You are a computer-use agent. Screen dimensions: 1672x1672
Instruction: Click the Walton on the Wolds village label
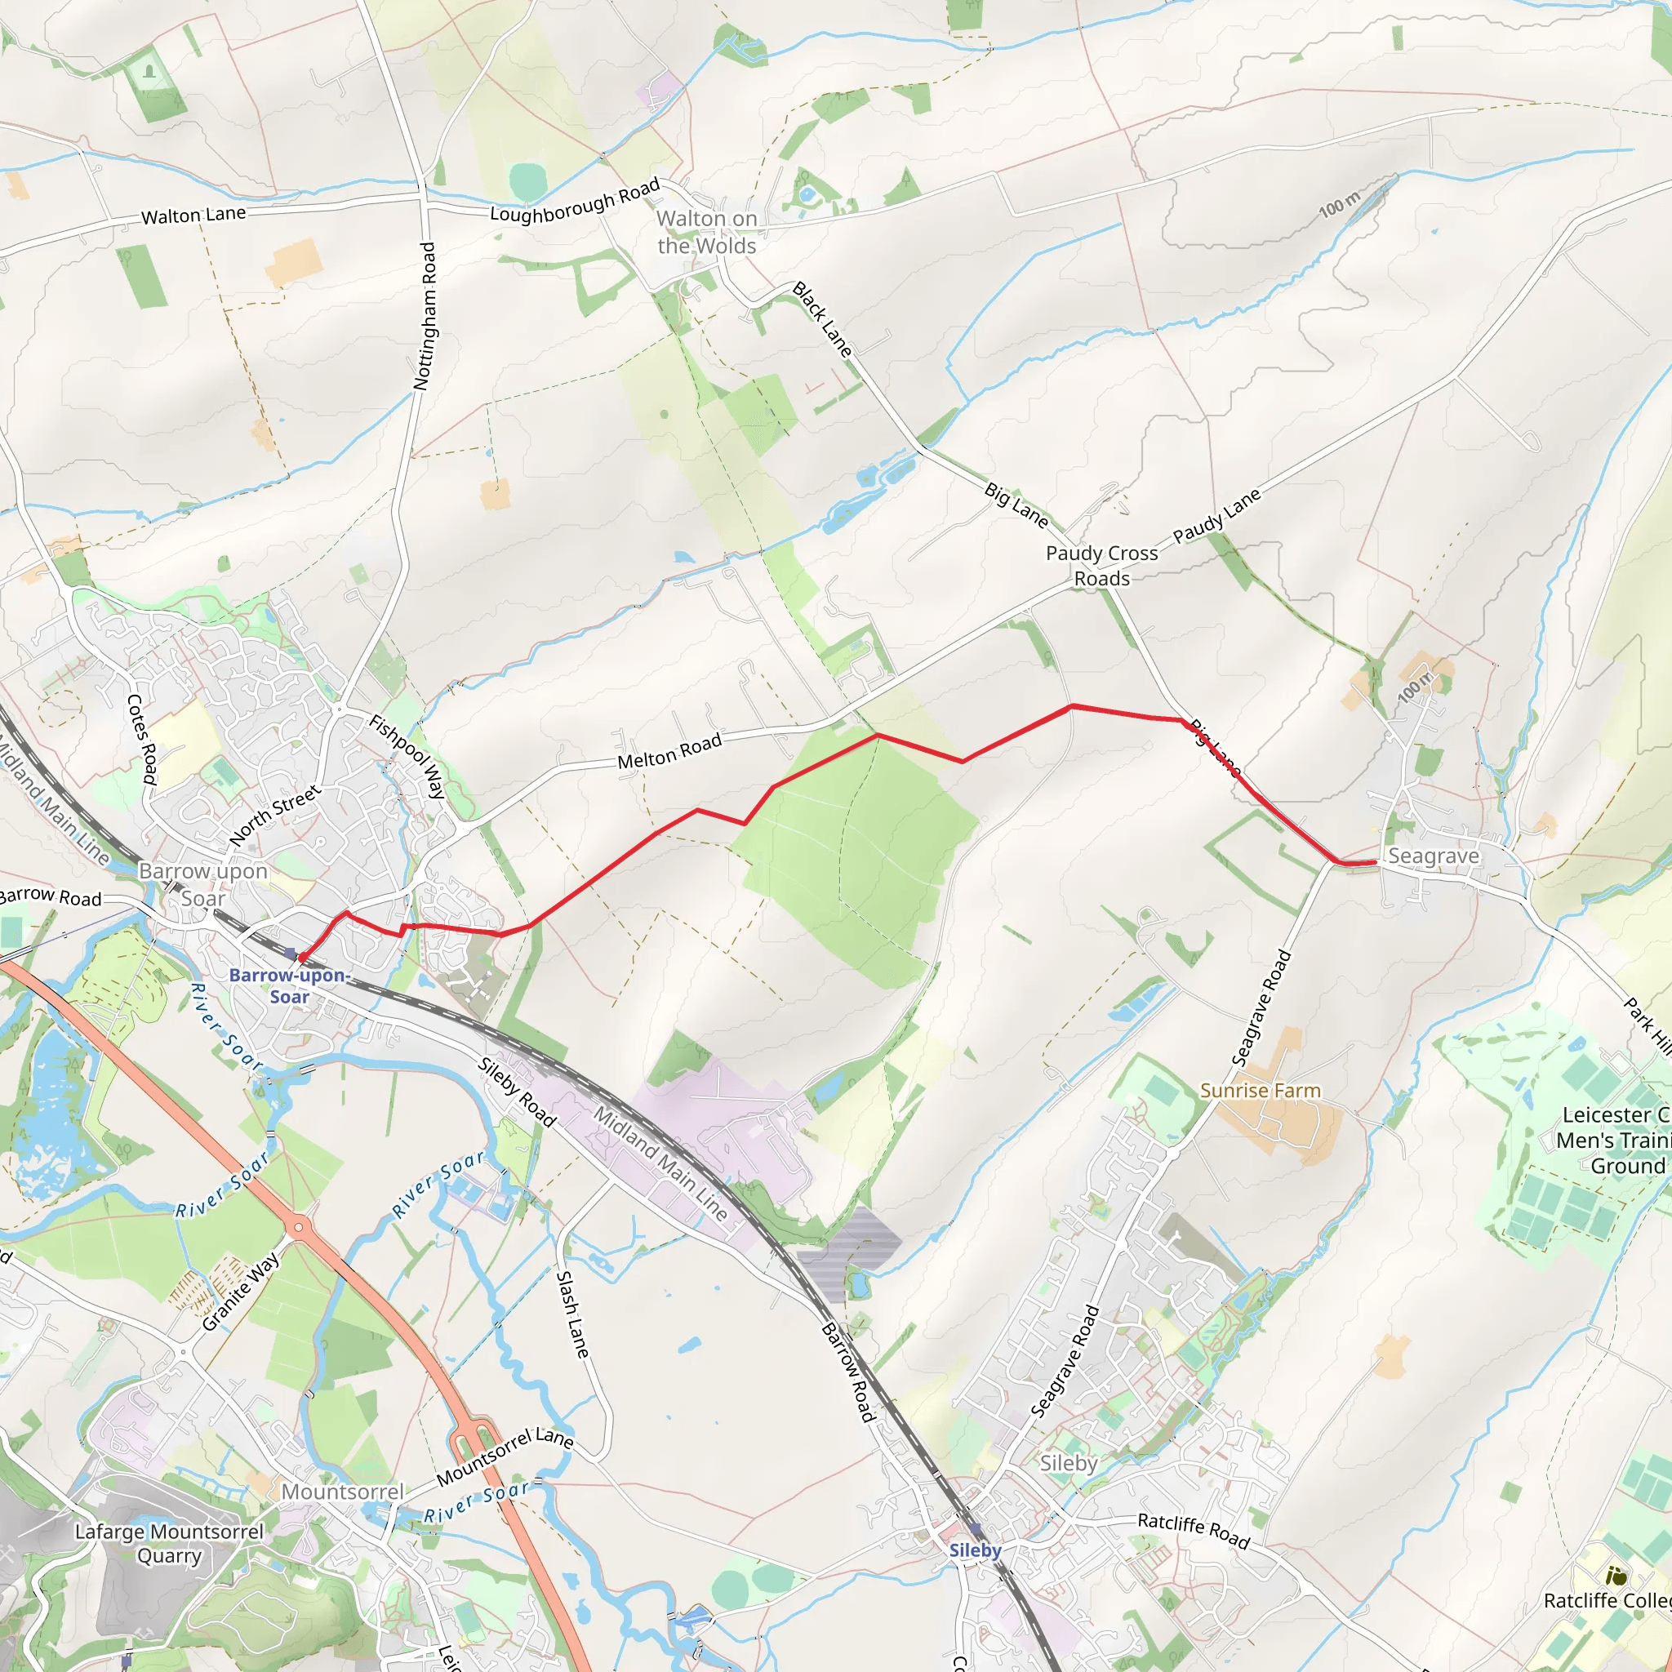(706, 232)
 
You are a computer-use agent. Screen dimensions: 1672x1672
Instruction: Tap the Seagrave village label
(1433, 856)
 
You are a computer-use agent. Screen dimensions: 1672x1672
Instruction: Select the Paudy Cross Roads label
(1101, 565)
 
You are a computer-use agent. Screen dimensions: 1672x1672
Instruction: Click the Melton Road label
(669, 751)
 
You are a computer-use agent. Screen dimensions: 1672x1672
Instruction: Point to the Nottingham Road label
(425, 316)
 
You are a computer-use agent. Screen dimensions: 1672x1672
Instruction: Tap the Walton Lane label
(193, 215)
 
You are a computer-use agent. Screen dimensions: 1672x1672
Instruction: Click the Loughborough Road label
(575, 201)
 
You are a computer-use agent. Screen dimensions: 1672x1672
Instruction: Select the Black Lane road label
(822, 319)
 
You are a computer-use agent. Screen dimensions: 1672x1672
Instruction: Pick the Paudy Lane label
(1216, 516)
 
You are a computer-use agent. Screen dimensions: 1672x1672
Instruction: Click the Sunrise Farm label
(1260, 1091)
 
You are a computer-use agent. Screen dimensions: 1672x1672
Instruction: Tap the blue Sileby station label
(975, 1550)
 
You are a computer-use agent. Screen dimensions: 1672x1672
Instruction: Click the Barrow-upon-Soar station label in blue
(289, 985)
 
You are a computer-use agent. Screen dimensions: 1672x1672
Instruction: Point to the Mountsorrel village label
(343, 1491)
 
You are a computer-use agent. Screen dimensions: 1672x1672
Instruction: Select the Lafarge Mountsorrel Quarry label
(169, 1543)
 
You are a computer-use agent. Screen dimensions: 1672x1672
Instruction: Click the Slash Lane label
(572, 1314)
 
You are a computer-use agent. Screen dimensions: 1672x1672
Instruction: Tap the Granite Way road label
(241, 1292)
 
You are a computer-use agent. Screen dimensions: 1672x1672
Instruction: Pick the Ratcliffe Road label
(1194, 1530)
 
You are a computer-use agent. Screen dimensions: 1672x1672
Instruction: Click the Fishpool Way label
(407, 755)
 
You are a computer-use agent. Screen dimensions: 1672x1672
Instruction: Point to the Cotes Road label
(142, 739)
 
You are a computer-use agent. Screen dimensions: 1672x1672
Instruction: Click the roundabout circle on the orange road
(300, 1226)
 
